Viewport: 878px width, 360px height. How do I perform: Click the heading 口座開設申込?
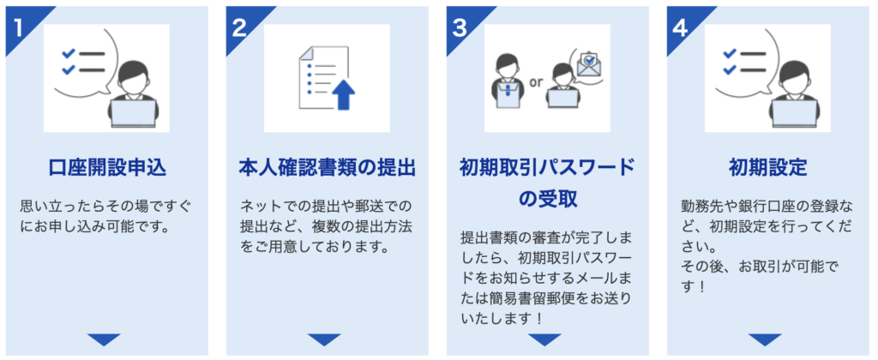pyautogui.click(x=107, y=168)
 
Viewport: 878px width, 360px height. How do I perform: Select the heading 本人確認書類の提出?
pyautogui.click(x=327, y=168)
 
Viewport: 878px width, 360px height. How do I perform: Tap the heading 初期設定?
pyautogui.click(x=767, y=168)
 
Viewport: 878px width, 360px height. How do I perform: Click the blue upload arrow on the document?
pyautogui.click(x=345, y=94)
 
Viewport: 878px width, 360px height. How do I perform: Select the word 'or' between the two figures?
pyautogui.click(x=536, y=83)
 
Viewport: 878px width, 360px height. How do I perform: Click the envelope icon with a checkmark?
pyautogui.click(x=588, y=63)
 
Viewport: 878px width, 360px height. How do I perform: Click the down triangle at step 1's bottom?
pyautogui.click(x=104, y=339)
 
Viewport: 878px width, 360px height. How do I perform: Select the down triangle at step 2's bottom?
pyautogui.click(x=324, y=339)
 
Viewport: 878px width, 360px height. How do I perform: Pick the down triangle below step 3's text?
pyautogui.click(x=544, y=339)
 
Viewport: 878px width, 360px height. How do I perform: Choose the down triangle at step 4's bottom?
pyautogui.click(x=765, y=339)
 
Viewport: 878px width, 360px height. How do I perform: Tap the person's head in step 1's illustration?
pyautogui.click(x=135, y=76)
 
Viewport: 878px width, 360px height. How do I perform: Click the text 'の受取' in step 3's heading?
pyautogui.click(x=548, y=200)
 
